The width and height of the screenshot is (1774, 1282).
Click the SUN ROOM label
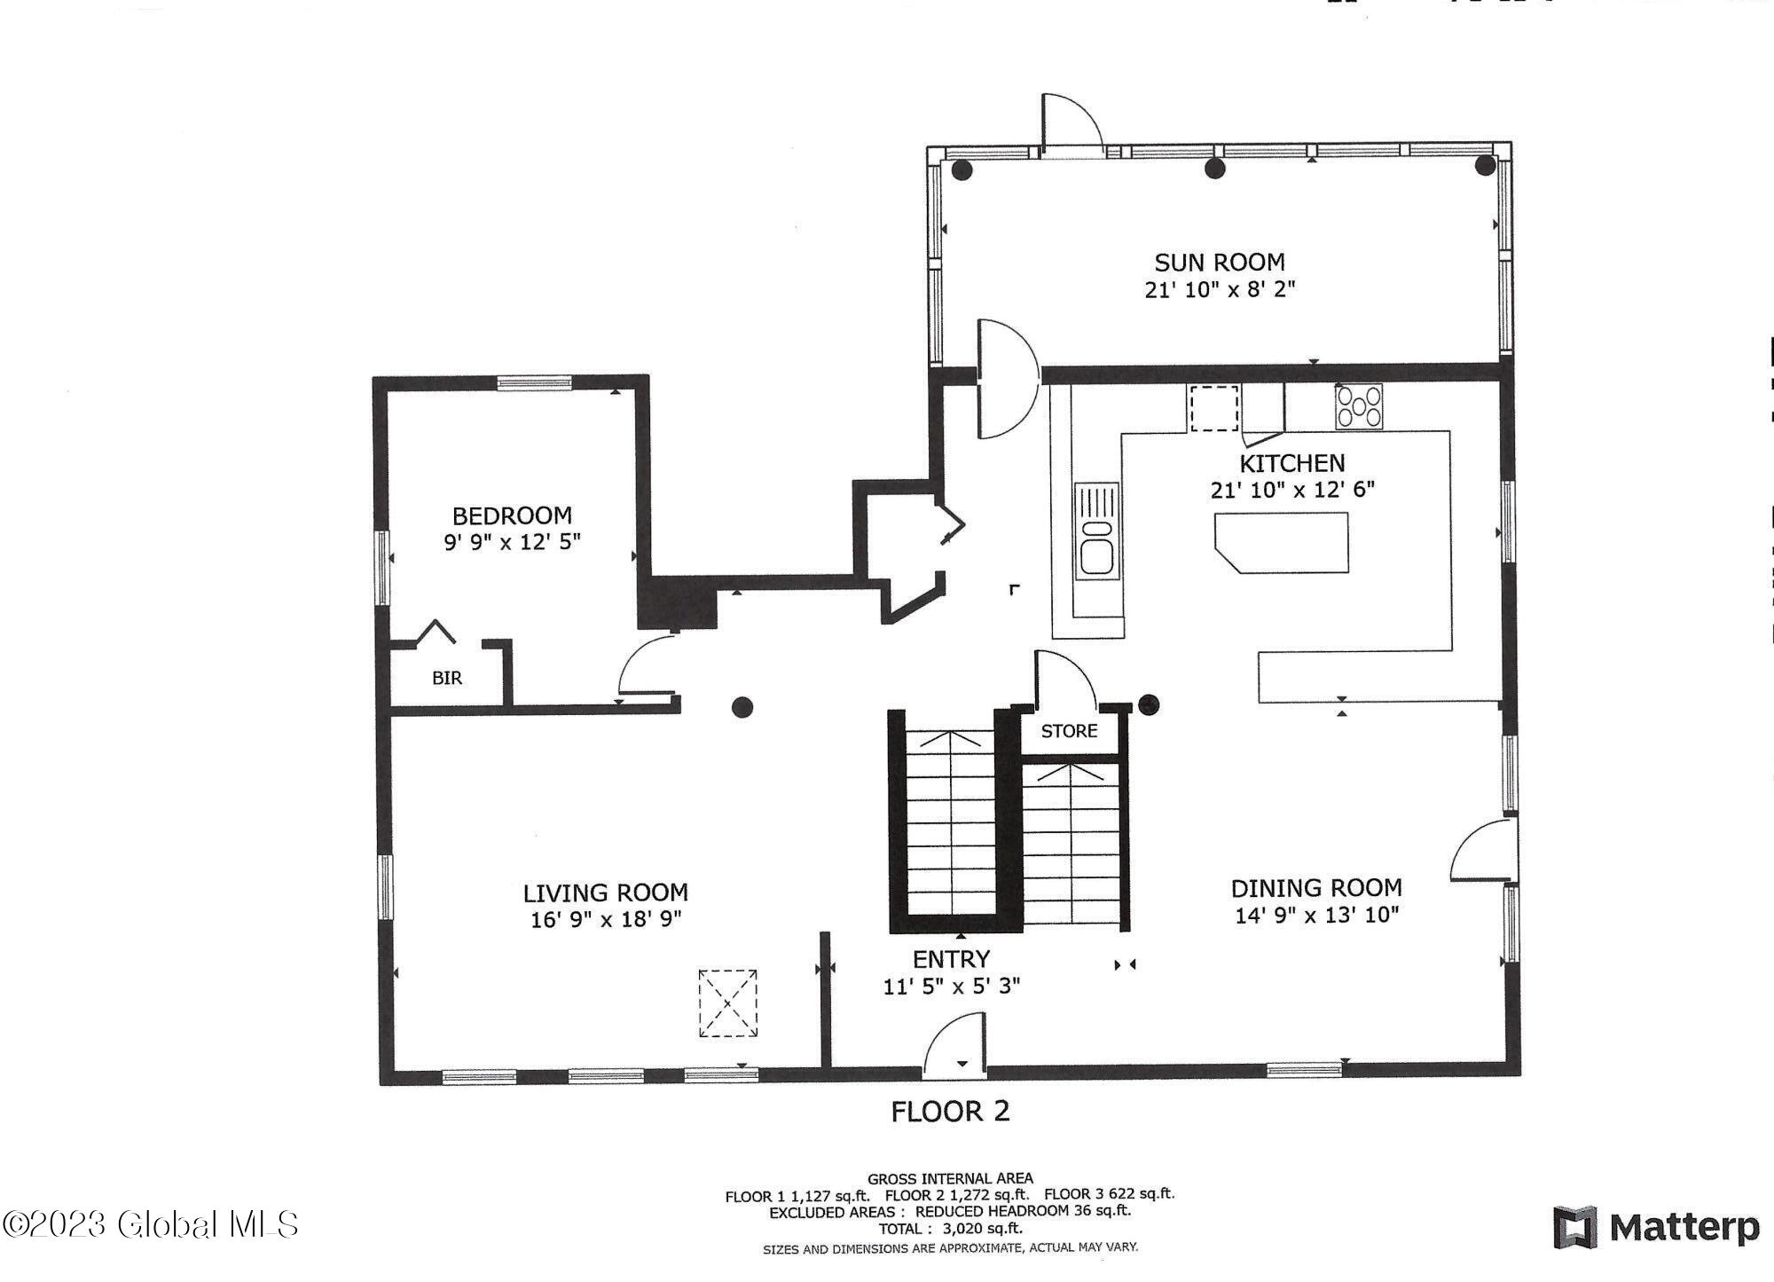(x=1219, y=263)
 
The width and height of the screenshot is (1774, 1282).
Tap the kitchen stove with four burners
(x=1358, y=407)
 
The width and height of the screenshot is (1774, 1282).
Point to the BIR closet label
(x=447, y=679)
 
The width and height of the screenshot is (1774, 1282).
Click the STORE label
(x=1069, y=731)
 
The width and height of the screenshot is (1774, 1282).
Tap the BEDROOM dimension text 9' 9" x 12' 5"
(x=512, y=542)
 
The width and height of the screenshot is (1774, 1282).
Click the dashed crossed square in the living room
(x=728, y=1003)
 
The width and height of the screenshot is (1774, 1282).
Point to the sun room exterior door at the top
(x=1071, y=124)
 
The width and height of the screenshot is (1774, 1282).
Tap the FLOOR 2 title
(x=950, y=1112)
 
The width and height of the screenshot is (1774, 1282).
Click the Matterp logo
(x=1655, y=1227)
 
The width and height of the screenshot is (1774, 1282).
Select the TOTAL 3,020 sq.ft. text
(x=950, y=1229)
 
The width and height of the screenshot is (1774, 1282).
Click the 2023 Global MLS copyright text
(x=150, y=1225)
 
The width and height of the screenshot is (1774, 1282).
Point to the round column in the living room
(x=742, y=707)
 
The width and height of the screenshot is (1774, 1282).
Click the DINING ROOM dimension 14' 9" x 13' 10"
(x=1316, y=915)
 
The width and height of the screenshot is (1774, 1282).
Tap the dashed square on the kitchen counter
(x=1213, y=408)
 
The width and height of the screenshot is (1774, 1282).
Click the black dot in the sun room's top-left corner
(x=962, y=169)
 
